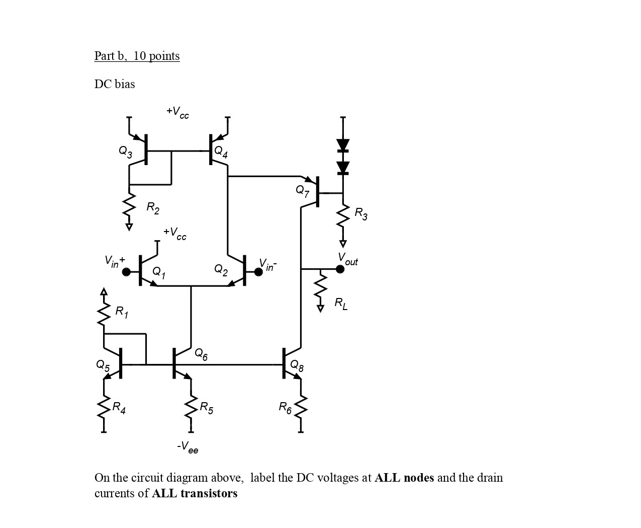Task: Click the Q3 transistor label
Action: click(x=125, y=151)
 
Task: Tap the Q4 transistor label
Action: click(x=221, y=152)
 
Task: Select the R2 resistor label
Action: click(x=153, y=207)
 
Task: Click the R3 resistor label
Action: click(x=361, y=214)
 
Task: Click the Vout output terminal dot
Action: click(x=340, y=269)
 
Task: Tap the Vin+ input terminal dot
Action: click(x=126, y=272)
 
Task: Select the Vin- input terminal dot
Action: click(x=258, y=272)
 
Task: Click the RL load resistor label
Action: click(x=341, y=304)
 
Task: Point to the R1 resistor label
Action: click(x=122, y=312)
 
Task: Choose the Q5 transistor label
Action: click(x=103, y=365)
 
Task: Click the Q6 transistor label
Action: click(x=201, y=354)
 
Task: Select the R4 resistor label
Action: click(x=119, y=407)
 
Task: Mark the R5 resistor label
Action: click(x=206, y=407)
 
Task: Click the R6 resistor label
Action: click(x=285, y=407)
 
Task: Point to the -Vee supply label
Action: click(x=188, y=447)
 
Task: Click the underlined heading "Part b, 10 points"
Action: click(x=137, y=56)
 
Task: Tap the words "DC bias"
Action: click(x=115, y=84)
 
